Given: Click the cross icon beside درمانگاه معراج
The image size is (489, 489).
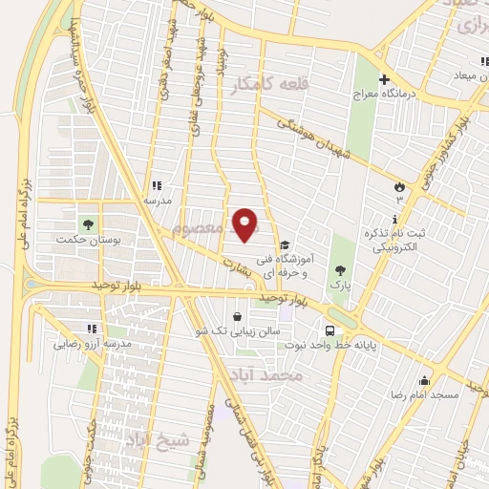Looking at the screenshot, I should pyautogui.click(x=385, y=79).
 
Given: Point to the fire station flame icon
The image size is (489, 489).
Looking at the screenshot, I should pyautogui.click(x=398, y=187).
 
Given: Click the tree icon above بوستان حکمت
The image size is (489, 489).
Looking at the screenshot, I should pyautogui.click(x=89, y=223).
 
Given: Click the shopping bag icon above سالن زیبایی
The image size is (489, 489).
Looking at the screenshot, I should pyautogui.click(x=237, y=316).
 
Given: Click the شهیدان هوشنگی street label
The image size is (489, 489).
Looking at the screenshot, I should pyautogui.click(x=315, y=138).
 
